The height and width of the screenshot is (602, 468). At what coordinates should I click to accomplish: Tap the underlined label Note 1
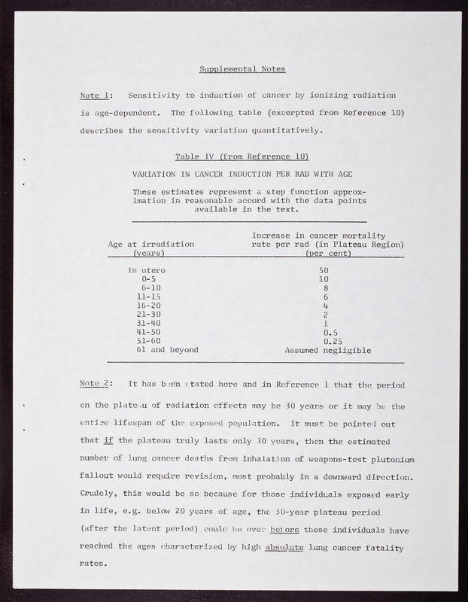click(x=96, y=96)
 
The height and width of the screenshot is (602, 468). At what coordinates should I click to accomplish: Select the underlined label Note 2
click(x=96, y=384)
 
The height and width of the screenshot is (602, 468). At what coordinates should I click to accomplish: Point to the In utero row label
click(x=147, y=270)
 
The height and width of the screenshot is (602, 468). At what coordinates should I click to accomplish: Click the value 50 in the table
click(x=324, y=270)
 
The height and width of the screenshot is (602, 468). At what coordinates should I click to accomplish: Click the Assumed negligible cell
click(x=327, y=350)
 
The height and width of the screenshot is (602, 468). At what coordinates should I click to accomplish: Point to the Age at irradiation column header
click(x=151, y=245)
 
